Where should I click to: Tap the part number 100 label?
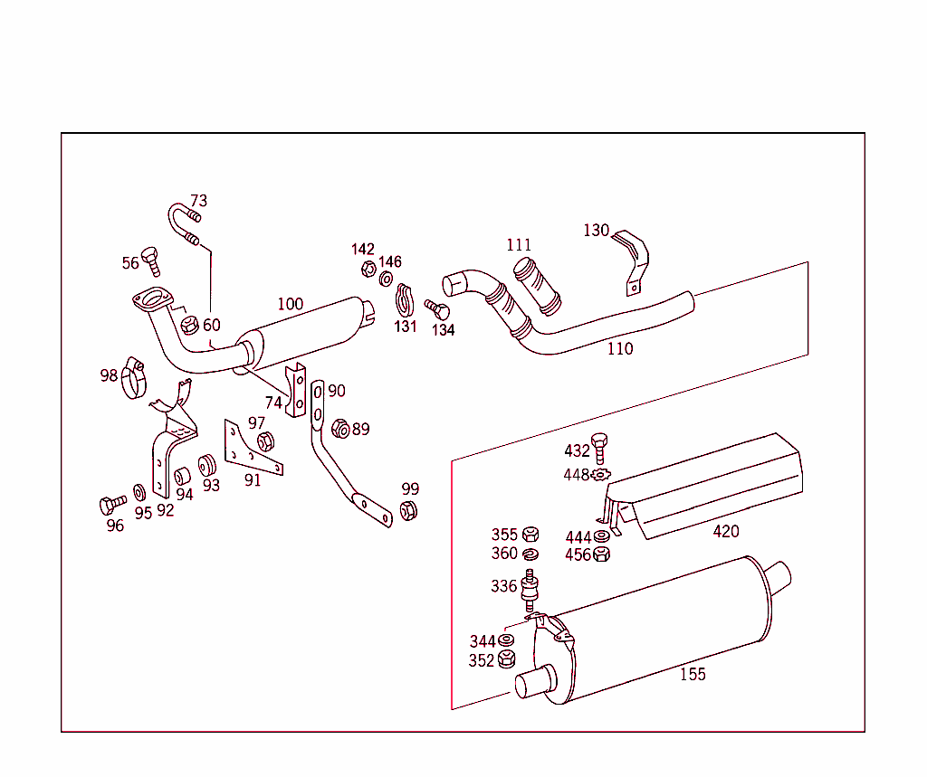290,304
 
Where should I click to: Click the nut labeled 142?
368,269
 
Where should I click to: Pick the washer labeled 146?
387,279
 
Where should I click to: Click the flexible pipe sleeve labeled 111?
536,286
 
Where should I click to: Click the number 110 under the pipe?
620,349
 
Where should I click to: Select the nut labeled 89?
340,428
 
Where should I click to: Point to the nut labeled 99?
408,510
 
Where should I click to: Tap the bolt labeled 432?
599,448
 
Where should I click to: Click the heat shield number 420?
725,532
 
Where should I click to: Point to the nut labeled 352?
507,659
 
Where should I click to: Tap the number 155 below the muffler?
693,674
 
